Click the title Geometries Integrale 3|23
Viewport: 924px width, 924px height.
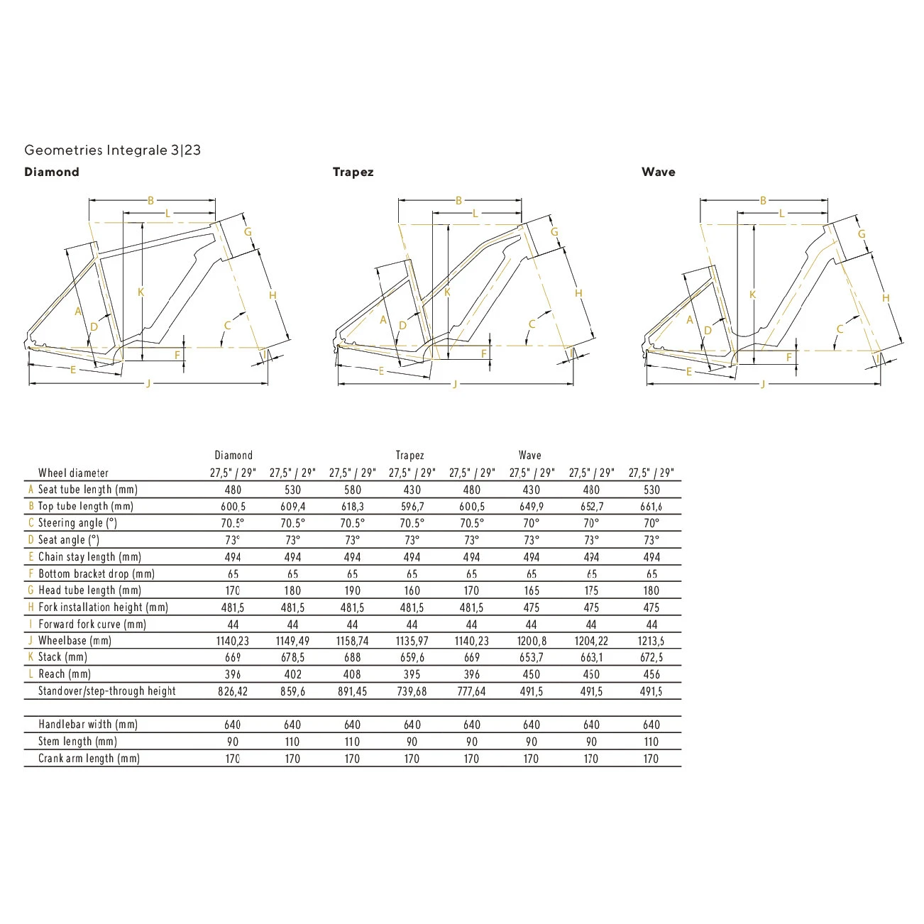click(x=112, y=150)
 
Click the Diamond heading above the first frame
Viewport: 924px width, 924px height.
click(x=52, y=172)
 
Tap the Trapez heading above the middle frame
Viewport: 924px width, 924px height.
click(x=353, y=172)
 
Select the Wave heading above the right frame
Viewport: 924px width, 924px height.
click(x=658, y=172)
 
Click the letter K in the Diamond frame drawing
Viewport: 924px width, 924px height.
click(x=141, y=292)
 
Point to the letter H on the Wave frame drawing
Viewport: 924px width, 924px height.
click(x=885, y=298)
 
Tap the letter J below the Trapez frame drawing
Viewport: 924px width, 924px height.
click(x=455, y=384)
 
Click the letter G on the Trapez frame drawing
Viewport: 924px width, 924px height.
click(x=554, y=232)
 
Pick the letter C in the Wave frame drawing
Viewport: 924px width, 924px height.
click(x=840, y=329)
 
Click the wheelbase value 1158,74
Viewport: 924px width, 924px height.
click(x=353, y=641)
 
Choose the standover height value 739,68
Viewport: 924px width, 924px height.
click(x=412, y=691)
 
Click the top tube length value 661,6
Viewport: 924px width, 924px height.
click(x=651, y=507)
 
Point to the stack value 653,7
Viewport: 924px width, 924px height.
click(x=531, y=658)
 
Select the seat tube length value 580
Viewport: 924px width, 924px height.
click(x=353, y=490)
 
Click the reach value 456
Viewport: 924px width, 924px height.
click(x=651, y=674)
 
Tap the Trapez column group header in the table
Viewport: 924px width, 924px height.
click(x=409, y=456)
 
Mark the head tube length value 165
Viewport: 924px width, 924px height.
click(x=531, y=590)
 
